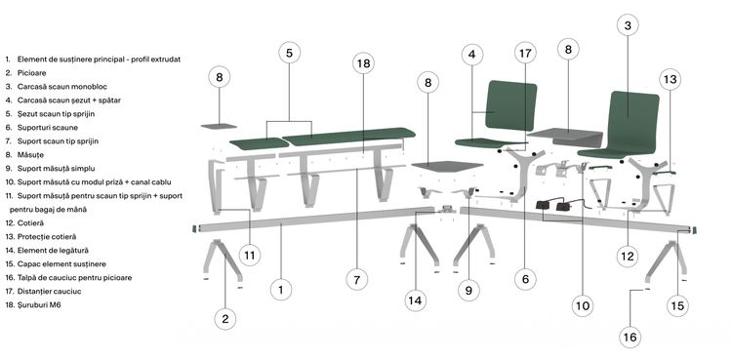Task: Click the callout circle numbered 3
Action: click(628, 25)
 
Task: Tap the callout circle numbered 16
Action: click(630, 338)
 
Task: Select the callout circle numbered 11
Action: click(250, 256)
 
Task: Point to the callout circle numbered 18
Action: click(363, 63)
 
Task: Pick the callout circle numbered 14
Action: click(415, 300)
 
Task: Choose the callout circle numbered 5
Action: click(290, 54)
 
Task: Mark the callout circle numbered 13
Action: click(670, 79)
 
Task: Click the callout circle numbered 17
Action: click(525, 54)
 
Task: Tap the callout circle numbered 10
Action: click(582, 305)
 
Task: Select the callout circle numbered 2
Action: click(225, 319)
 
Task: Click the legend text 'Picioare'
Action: click(32, 73)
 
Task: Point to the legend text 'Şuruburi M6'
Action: click(39, 305)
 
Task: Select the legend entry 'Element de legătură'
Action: click(53, 251)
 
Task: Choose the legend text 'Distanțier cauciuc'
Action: click(49, 291)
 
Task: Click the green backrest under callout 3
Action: click(634, 119)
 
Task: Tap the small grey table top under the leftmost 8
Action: click(219, 126)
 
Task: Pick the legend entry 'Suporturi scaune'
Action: click(48, 128)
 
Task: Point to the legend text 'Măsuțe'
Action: click(30, 154)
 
